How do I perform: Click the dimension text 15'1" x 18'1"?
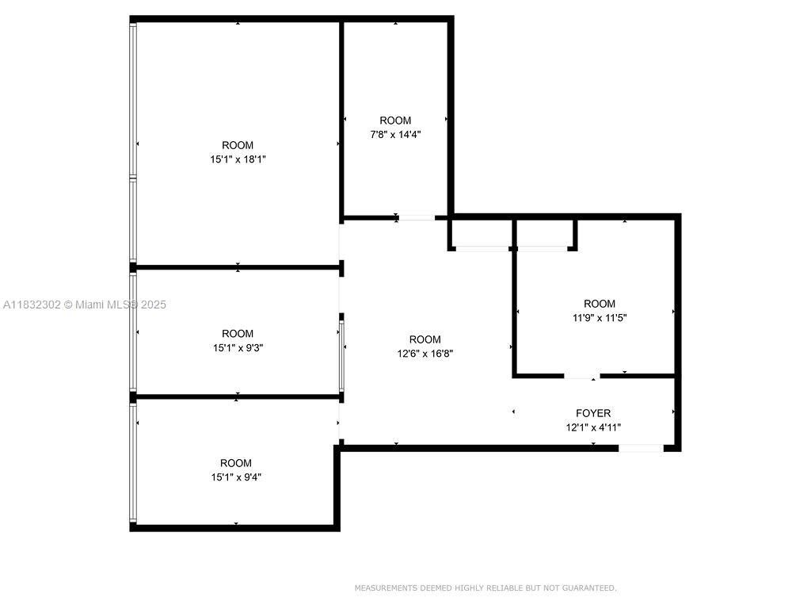coord(238,159)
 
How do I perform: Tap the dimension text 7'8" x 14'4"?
coord(395,134)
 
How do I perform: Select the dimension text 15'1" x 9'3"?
coord(238,347)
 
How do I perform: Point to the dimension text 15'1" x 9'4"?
coord(236,477)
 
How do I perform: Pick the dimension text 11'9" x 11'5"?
coord(600,317)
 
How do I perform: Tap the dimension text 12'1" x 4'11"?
coord(593,427)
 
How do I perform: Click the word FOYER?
coord(593,413)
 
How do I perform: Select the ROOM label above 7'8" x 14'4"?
coord(395,121)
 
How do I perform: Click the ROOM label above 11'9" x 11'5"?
coord(600,304)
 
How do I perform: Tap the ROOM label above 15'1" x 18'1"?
coord(238,145)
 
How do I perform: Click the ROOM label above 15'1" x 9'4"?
coord(236,463)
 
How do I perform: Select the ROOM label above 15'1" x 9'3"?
coord(238,334)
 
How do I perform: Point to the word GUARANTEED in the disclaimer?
coord(588,588)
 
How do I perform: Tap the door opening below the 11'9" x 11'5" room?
coord(582,375)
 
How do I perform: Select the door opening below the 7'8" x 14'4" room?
coord(417,216)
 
